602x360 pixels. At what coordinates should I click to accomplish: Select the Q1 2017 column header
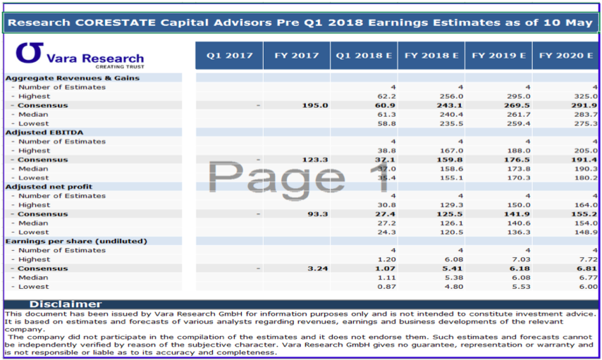point(229,55)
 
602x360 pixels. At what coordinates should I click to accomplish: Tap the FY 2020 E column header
point(565,55)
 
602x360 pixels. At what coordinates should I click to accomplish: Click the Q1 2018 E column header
point(363,55)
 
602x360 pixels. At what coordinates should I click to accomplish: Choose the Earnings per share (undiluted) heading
point(76,241)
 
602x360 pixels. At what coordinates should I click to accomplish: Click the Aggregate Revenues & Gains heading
point(73,78)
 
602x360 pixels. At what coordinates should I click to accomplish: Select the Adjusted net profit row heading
point(49,187)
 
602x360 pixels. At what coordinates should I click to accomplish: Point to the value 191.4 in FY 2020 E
point(585,159)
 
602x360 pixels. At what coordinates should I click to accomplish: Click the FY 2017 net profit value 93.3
point(319,213)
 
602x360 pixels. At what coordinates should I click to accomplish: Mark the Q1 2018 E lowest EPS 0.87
point(386,286)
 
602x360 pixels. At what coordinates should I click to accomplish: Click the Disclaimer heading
point(65,304)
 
